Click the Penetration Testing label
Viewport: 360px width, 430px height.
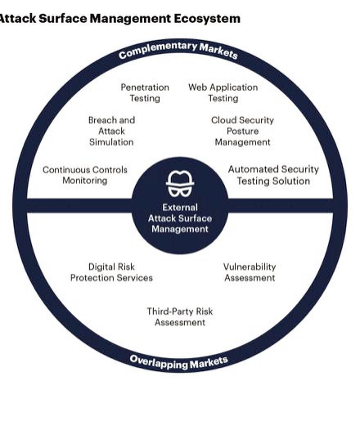pos(145,92)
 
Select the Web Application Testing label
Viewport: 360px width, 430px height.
pos(223,92)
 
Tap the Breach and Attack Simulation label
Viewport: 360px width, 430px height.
pos(111,131)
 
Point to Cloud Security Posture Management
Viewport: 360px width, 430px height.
pos(242,131)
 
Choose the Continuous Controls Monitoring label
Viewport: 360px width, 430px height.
pos(85,175)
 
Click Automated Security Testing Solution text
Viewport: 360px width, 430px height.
pos(273,175)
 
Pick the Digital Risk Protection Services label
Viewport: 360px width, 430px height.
pos(111,272)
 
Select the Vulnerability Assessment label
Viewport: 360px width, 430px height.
pos(250,272)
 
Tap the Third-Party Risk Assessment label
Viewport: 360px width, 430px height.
pos(180,316)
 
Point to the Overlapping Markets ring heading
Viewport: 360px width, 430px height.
pos(179,363)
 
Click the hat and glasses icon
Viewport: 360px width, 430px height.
pos(180,183)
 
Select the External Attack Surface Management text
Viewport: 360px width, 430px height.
pos(180,218)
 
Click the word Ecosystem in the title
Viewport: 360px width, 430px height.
pos(207,19)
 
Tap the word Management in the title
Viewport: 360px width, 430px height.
pos(130,19)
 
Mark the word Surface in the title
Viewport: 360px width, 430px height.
pos(63,19)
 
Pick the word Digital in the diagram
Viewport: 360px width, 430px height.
pos(100,267)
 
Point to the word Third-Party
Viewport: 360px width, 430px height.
pos(167,311)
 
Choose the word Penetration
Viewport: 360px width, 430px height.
pos(145,87)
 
